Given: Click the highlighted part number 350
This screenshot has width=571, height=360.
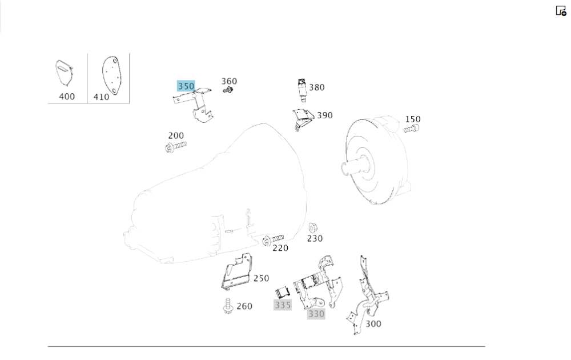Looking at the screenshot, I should (x=186, y=86).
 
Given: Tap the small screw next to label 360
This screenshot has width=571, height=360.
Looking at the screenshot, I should (x=229, y=90).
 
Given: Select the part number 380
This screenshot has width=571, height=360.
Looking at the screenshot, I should (x=316, y=87).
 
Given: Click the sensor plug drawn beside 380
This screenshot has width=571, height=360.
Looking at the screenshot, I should (x=301, y=90).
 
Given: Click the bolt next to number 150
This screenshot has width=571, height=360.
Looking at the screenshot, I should (x=411, y=130).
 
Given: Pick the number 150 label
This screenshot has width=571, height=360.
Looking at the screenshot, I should (x=413, y=119).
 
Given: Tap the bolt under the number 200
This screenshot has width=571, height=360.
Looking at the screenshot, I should (x=175, y=147).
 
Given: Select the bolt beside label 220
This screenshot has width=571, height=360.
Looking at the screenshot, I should (x=272, y=239).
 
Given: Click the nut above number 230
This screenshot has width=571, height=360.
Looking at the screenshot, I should (x=313, y=227).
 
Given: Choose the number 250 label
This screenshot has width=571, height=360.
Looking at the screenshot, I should (x=261, y=278).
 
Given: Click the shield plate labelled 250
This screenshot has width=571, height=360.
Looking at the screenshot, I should (x=237, y=271).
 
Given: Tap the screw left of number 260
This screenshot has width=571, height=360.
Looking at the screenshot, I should (x=227, y=306).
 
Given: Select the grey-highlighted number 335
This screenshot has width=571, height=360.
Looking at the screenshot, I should (x=283, y=305).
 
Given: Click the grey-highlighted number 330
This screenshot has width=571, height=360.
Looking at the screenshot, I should (x=316, y=314).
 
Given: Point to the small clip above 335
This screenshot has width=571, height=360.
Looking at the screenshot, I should (x=283, y=292).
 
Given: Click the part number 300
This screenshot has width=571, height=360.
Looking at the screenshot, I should (x=373, y=324).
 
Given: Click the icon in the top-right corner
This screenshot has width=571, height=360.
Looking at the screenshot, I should (x=561, y=10).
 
